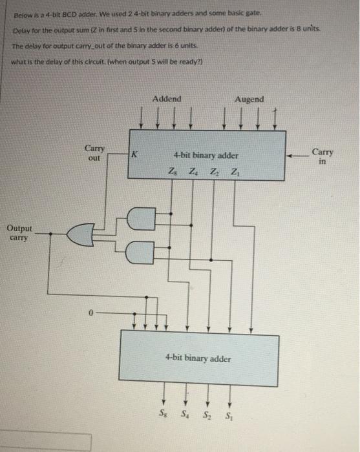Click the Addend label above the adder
click(x=167, y=99)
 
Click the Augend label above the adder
click(x=249, y=99)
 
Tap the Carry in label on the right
click(x=323, y=157)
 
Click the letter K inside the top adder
click(x=134, y=154)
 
